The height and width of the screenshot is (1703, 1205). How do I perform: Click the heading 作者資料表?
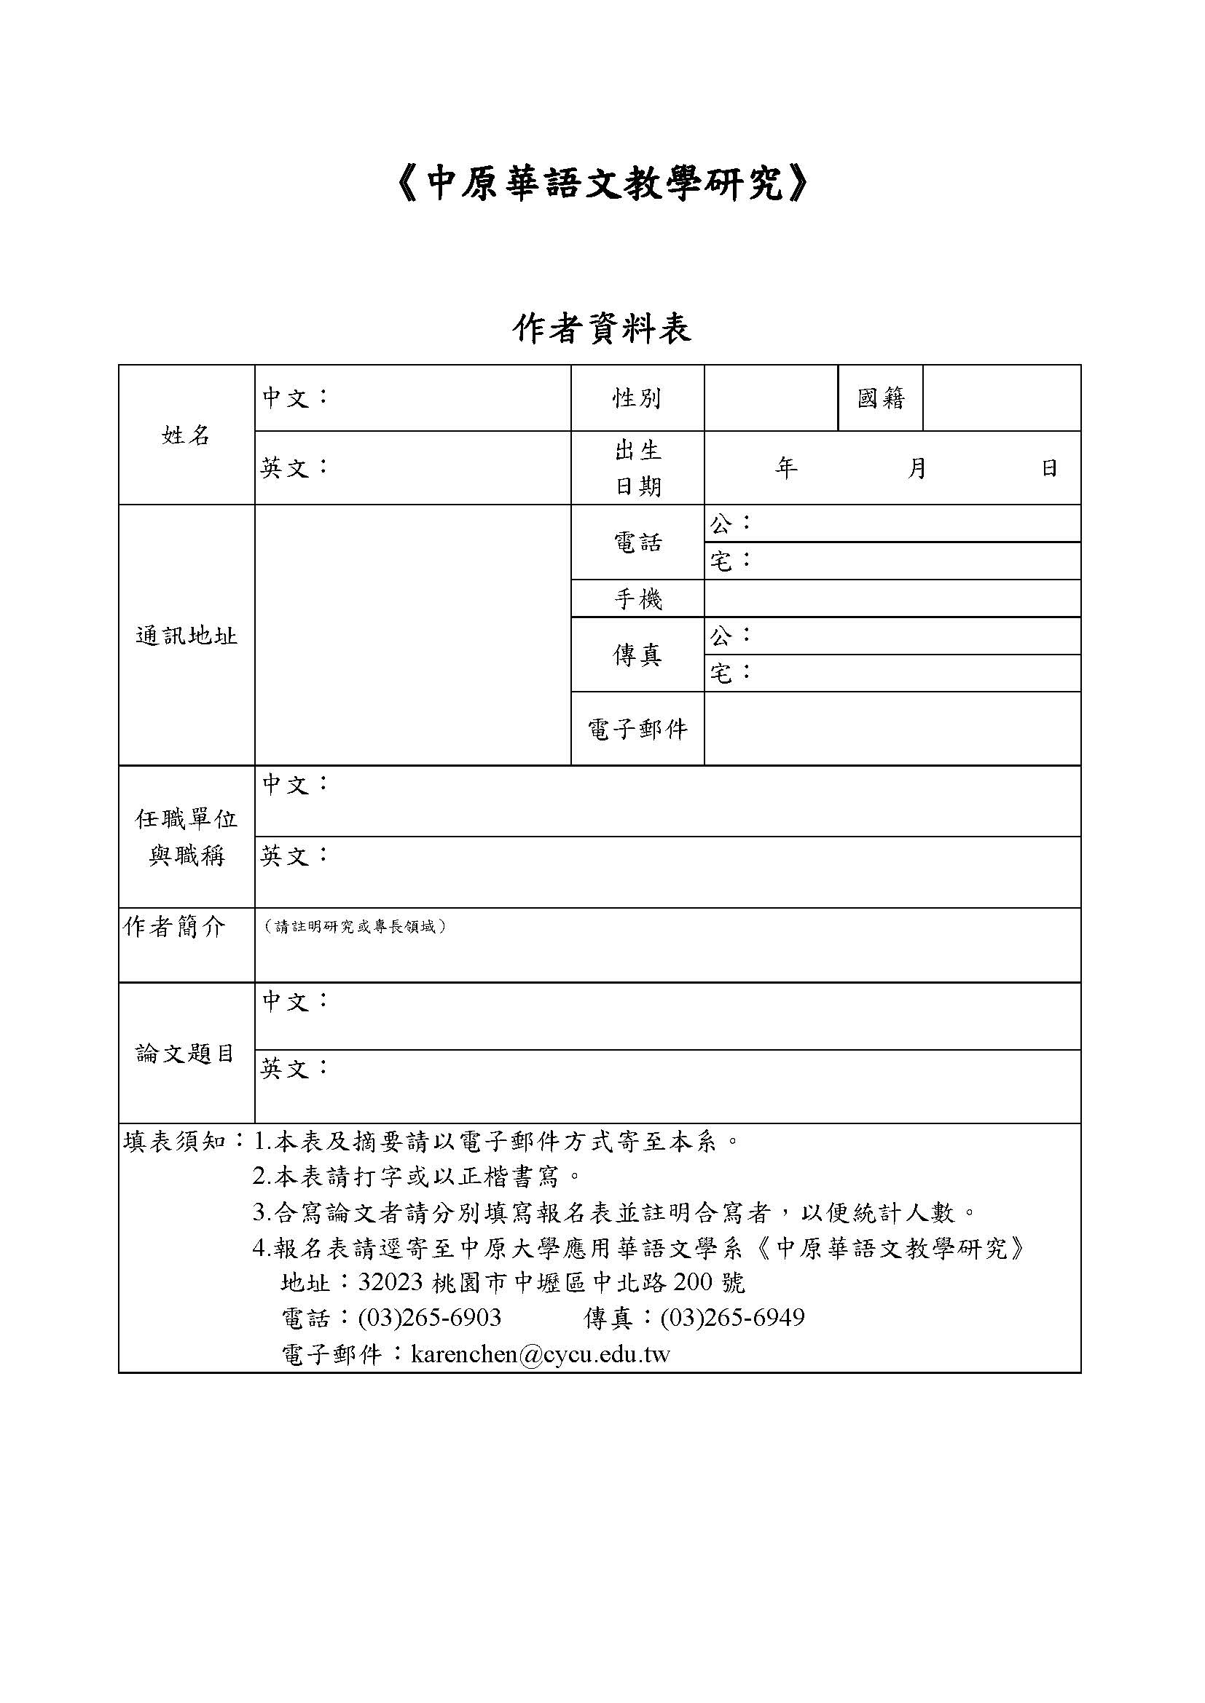602,328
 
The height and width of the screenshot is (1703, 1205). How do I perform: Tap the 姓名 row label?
187,435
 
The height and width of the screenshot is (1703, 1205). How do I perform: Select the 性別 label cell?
637,398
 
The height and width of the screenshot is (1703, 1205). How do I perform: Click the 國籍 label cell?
881,398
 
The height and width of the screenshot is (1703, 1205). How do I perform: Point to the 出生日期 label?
637,468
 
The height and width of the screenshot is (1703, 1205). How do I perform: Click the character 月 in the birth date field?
917,468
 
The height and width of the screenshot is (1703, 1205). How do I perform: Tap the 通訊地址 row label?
187,636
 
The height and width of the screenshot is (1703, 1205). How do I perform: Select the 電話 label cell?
637,542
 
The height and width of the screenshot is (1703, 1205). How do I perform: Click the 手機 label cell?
637,598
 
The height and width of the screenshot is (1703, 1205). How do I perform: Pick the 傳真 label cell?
637,655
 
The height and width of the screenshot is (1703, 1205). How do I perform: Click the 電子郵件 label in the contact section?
637,729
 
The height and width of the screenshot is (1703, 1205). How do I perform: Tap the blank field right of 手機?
892,598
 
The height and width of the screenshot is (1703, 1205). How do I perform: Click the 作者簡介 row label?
174,926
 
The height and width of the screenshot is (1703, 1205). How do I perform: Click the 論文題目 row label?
186,1054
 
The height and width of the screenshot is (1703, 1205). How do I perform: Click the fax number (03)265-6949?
731,1318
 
